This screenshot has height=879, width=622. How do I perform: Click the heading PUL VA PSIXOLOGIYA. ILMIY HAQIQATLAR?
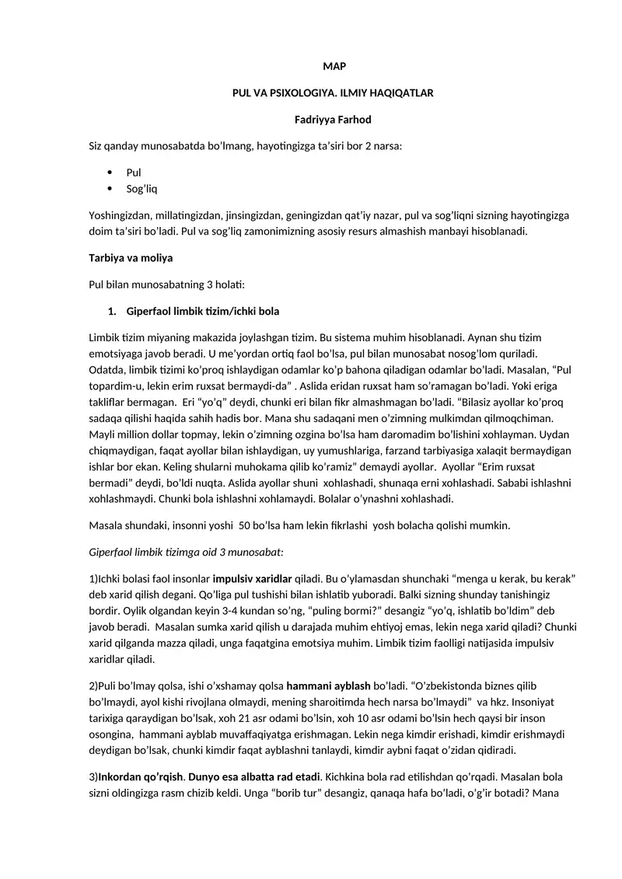pyautogui.click(x=333, y=92)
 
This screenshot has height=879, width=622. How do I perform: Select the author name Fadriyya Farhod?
pyautogui.click(x=333, y=119)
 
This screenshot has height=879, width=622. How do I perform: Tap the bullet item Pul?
pyautogui.click(x=134, y=172)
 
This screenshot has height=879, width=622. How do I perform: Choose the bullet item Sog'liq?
pyautogui.click(x=142, y=188)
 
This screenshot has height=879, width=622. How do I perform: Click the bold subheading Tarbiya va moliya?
pyautogui.click(x=131, y=257)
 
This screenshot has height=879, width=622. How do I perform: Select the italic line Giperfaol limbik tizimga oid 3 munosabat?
pyautogui.click(x=187, y=551)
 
